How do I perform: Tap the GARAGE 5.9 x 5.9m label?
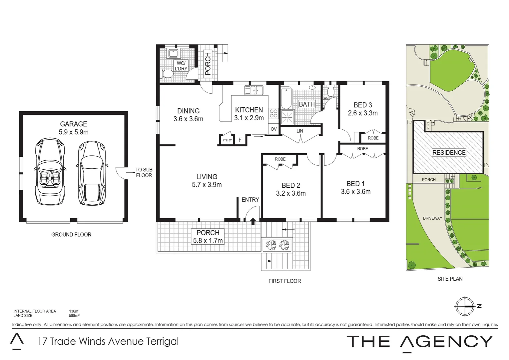coord(74,128)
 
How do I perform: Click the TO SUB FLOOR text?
coord(144,172)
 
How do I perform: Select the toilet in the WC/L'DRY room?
coord(167,74)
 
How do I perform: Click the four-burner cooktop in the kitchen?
coord(273,114)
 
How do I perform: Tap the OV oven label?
coord(273,129)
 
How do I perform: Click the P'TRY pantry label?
coord(227,140)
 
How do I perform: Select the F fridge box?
coord(240,140)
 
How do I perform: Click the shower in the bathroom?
coord(286,117)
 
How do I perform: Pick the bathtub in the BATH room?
coord(286,98)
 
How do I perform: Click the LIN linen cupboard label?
coord(300,131)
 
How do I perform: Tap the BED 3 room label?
coord(363,109)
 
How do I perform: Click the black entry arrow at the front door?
coord(253,221)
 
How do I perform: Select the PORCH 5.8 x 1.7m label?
coord(208,237)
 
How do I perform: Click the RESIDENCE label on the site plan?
coord(449,153)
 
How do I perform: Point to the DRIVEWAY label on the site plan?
coord(432,218)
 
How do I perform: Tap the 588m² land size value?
coord(74,315)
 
